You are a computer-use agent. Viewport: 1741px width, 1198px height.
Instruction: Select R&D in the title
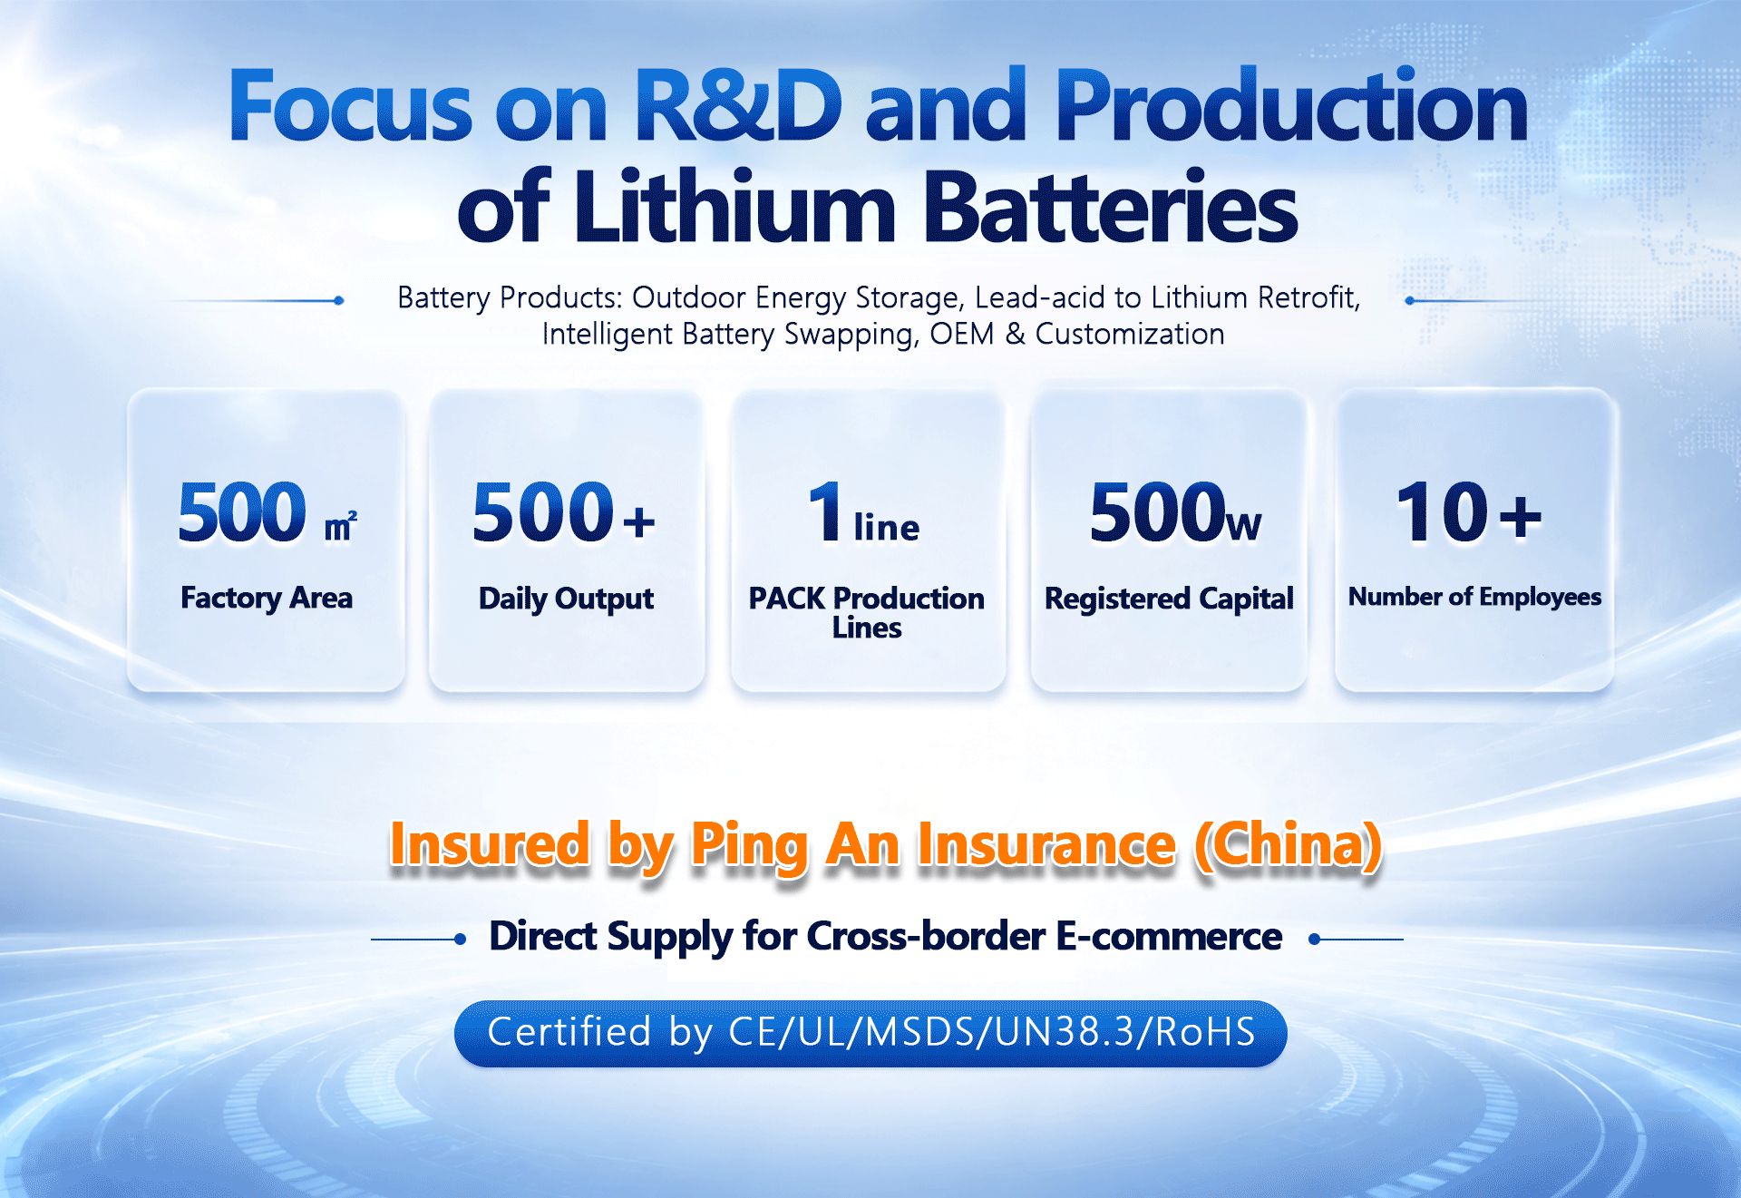[x=739, y=105]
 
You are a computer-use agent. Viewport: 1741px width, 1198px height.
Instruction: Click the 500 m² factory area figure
[x=267, y=512]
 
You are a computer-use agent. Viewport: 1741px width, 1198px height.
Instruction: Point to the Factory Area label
[x=267, y=599]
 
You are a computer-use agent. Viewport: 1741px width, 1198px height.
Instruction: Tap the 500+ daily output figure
[x=564, y=512]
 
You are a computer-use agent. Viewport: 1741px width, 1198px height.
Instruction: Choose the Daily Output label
[x=566, y=599]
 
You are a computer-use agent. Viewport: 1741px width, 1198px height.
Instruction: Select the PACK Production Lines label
[x=867, y=612]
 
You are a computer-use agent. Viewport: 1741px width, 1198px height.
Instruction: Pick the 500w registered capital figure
[x=1175, y=512]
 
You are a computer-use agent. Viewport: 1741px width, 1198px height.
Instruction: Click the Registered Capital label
[x=1169, y=599]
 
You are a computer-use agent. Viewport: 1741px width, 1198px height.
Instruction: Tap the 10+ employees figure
[x=1469, y=512]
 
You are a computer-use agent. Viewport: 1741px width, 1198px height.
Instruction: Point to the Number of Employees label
[x=1474, y=597]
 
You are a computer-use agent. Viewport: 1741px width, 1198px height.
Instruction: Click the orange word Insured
[x=490, y=845]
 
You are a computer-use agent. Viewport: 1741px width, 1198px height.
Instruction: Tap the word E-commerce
[x=1170, y=937]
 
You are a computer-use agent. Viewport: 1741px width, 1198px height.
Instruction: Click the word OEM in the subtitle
[x=962, y=334]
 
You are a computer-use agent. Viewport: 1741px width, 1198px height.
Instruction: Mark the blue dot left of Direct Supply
[x=461, y=940]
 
